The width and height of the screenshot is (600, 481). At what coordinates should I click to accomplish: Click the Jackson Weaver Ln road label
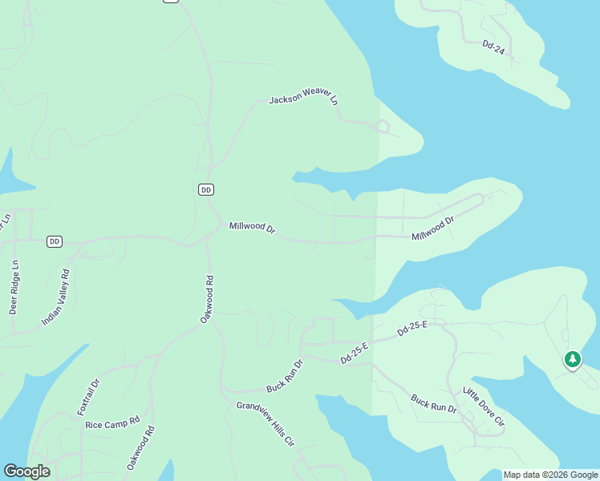pyautogui.click(x=304, y=100)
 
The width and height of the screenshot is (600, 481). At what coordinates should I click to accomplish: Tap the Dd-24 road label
pyautogui.click(x=493, y=48)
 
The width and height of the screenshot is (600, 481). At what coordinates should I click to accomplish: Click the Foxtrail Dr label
pyautogui.click(x=88, y=396)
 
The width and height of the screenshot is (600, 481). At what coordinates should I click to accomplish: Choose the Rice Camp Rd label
pyautogui.click(x=112, y=422)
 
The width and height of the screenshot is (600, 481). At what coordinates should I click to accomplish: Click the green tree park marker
pyautogui.click(x=572, y=359)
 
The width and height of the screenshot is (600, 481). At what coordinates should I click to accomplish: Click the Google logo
pyautogui.click(x=26, y=471)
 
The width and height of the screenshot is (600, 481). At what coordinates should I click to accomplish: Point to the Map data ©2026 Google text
pyautogui.click(x=550, y=475)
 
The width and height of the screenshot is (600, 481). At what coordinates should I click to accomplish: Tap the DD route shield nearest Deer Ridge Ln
pyautogui.click(x=55, y=241)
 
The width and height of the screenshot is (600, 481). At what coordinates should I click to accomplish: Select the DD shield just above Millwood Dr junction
pyautogui.click(x=206, y=189)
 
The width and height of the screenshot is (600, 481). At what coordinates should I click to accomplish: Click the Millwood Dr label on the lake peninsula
pyautogui.click(x=433, y=228)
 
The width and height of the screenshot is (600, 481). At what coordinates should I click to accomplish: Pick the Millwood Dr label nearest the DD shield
pyautogui.click(x=252, y=228)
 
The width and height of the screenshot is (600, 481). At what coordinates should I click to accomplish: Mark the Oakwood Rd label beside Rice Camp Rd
pyautogui.click(x=140, y=447)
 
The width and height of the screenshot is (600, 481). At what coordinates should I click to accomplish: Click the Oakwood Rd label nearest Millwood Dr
pyautogui.click(x=207, y=300)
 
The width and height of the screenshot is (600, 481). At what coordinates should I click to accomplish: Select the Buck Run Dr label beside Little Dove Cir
pyautogui.click(x=434, y=403)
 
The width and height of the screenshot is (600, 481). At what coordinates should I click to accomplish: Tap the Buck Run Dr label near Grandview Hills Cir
pyautogui.click(x=285, y=375)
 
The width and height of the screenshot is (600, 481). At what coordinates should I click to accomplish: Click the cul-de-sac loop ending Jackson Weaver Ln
pyautogui.click(x=383, y=126)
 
